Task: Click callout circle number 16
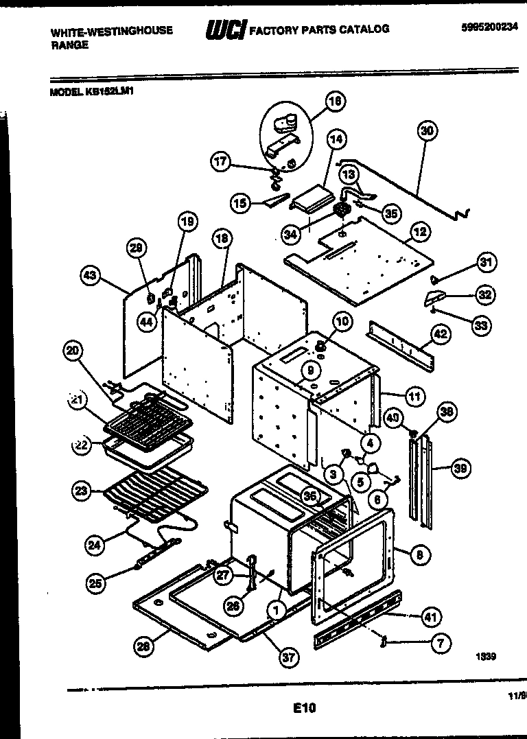[335, 102]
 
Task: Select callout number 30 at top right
[428, 130]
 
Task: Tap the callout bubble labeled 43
[90, 276]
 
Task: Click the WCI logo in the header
[225, 30]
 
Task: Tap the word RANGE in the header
[69, 45]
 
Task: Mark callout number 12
[420, 232]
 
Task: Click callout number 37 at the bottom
[289, 657]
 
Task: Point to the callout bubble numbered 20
[73, 351]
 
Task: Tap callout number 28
[143, 646]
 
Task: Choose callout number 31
[487, 262]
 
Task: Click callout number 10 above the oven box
[342, 320]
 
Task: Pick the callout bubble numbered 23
[82, 491]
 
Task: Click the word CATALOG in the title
[364, 30]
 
